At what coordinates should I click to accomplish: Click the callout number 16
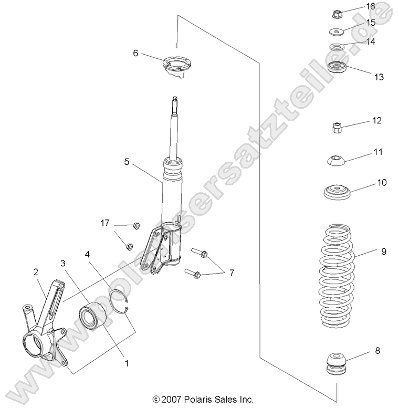pyautogui.click(x=370, y=6)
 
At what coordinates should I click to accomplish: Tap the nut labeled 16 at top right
pyautogui.click(x=338, y=13)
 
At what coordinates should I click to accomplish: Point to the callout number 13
pyautogui.click(x=379, y=77)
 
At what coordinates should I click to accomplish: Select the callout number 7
pyautogui.click(x=232, y=273)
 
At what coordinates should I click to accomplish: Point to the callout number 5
pyautogui.click(x=127, y=162)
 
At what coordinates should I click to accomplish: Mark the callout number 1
pyautogui.click(x=125, y=362)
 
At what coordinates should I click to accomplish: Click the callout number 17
pyautogui.click(x=105, y=223)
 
